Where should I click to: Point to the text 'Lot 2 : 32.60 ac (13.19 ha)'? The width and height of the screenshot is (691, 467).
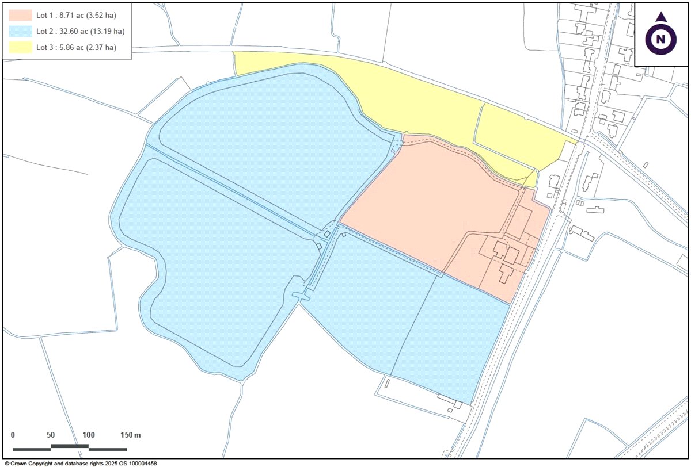pyautogui.click(x=80, y=31)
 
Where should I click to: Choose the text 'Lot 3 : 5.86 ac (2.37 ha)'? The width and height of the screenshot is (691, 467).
pyautogui.click(x=75, y=47)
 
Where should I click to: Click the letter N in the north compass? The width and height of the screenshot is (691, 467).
pyautogui.click(x=661, y=39)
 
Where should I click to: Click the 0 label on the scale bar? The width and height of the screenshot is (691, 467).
pyautogui.click(x=13, y=435)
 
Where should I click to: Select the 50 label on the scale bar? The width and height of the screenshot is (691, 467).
pyautogui.click(x=50, y=435)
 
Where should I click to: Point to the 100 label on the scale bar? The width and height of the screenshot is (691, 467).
pyautogui.click(x=88, y=435)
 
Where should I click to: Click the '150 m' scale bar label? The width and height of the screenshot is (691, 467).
pyautogui.click(x=130, y=435)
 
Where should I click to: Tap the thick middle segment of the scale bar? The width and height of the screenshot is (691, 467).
pyautogui.click(x=69, y=446)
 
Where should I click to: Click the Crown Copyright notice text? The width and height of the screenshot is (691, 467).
pyautogui.click(x=80, y=463)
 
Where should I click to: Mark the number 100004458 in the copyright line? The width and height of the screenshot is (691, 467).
pyautogui.click(x=141, y=463)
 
